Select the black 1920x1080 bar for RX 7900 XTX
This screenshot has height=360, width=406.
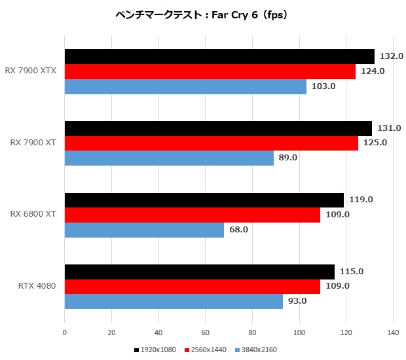click(219, 56)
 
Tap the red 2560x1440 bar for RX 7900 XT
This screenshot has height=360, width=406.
click(211, 143)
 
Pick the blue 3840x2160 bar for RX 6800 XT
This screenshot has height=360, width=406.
click(144, 230)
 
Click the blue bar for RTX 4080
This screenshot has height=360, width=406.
click(174, 302)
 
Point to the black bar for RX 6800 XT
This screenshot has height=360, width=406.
click(204, 200)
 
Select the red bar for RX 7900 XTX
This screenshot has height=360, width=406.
click(210, 71)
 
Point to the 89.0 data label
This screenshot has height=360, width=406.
click(289, 158)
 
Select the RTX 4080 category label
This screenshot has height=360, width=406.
click(37, 286)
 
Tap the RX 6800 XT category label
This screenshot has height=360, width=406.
click(32, 215)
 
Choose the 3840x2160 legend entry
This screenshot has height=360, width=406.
click(255, 350)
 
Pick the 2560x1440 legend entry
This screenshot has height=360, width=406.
click(205, 350)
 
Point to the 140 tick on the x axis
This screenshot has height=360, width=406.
click(393, 333)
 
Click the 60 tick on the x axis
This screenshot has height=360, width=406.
click(205, 333)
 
